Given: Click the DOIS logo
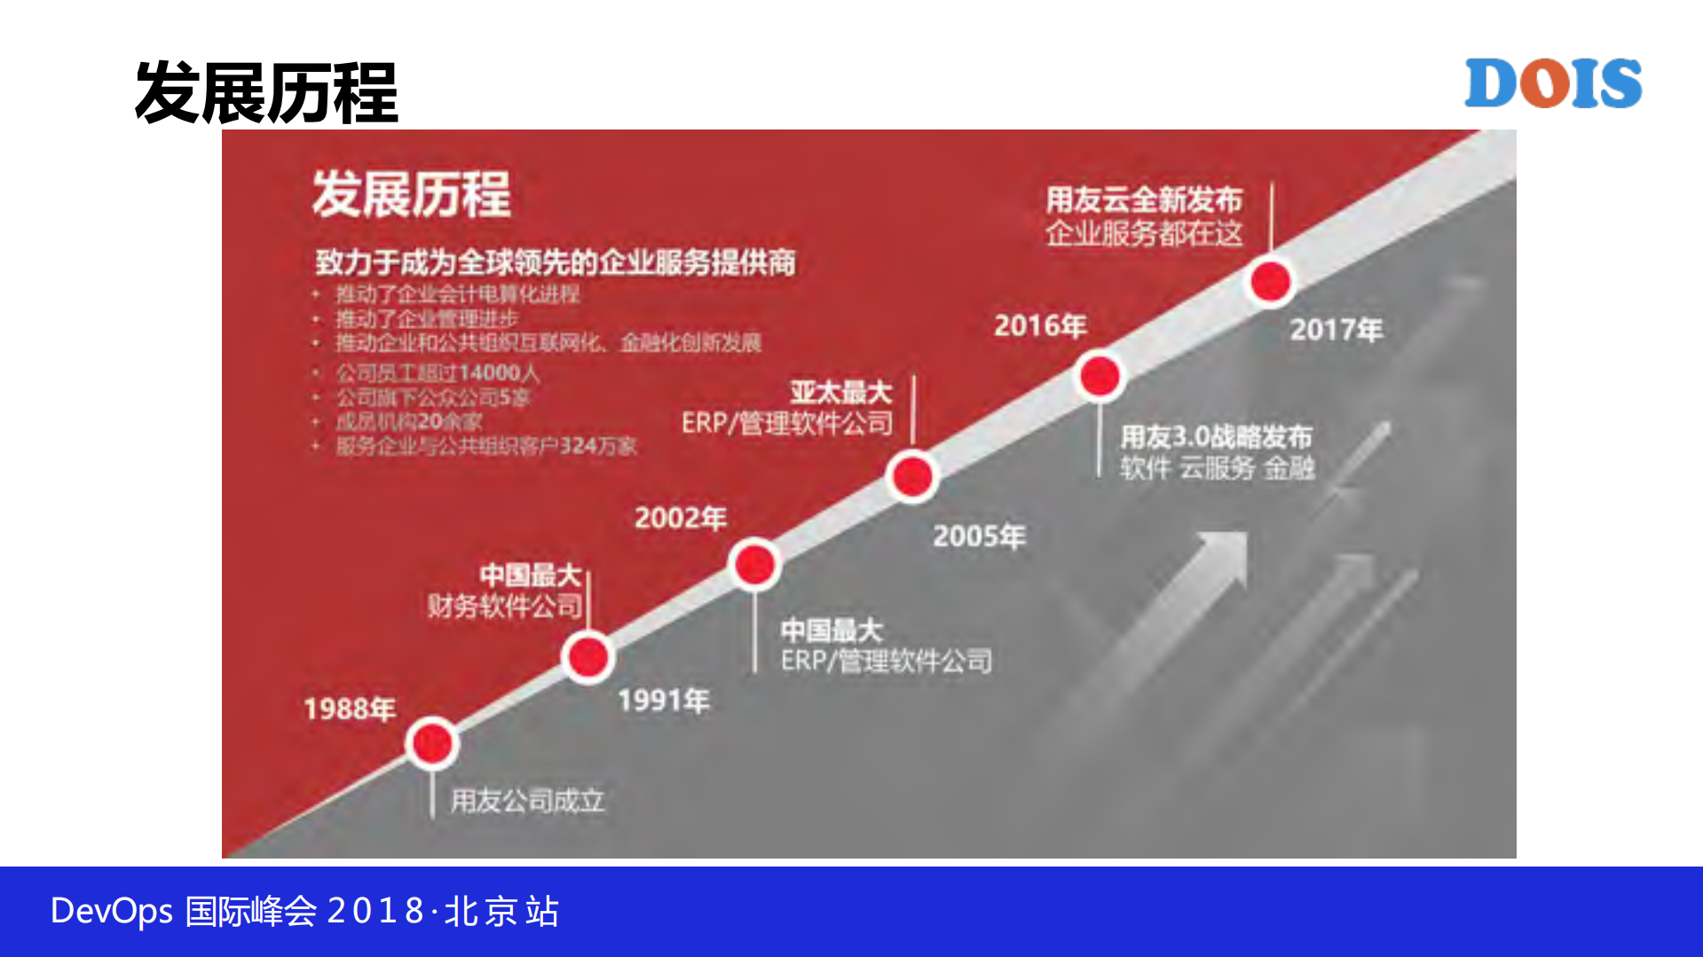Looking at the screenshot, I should tap(1552, 83).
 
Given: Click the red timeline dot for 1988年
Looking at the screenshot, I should tap(432, 743).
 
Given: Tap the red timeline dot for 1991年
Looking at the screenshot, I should tap(587, 657).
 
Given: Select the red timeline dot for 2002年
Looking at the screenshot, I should tap(755, 564).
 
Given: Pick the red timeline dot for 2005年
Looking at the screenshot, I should tap(912, 476).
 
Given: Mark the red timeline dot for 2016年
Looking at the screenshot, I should tap(1100, 376).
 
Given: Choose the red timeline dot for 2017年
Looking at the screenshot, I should tap(1270, 281).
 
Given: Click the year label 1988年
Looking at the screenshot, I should tap(350, 709).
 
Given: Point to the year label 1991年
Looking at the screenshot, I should tap(664, 701).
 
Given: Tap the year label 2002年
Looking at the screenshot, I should tap(681, 518).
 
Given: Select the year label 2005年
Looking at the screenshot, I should tap(979, 536).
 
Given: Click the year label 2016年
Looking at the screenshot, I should tap(1040, 326).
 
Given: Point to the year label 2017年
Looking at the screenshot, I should tap(1336, 330).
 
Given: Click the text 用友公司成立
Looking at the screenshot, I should tap(527, 801).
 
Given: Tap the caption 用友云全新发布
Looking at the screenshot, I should tap(1144, 200).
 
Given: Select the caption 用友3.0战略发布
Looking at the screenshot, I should tap(1216, 436).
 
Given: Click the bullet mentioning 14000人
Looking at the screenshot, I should tap(437, 373).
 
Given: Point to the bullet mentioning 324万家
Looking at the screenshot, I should tap(485, 445).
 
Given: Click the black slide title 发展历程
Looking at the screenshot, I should tap(266, 93).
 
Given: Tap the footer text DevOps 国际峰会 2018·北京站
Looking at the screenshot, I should tap(304, 911).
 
